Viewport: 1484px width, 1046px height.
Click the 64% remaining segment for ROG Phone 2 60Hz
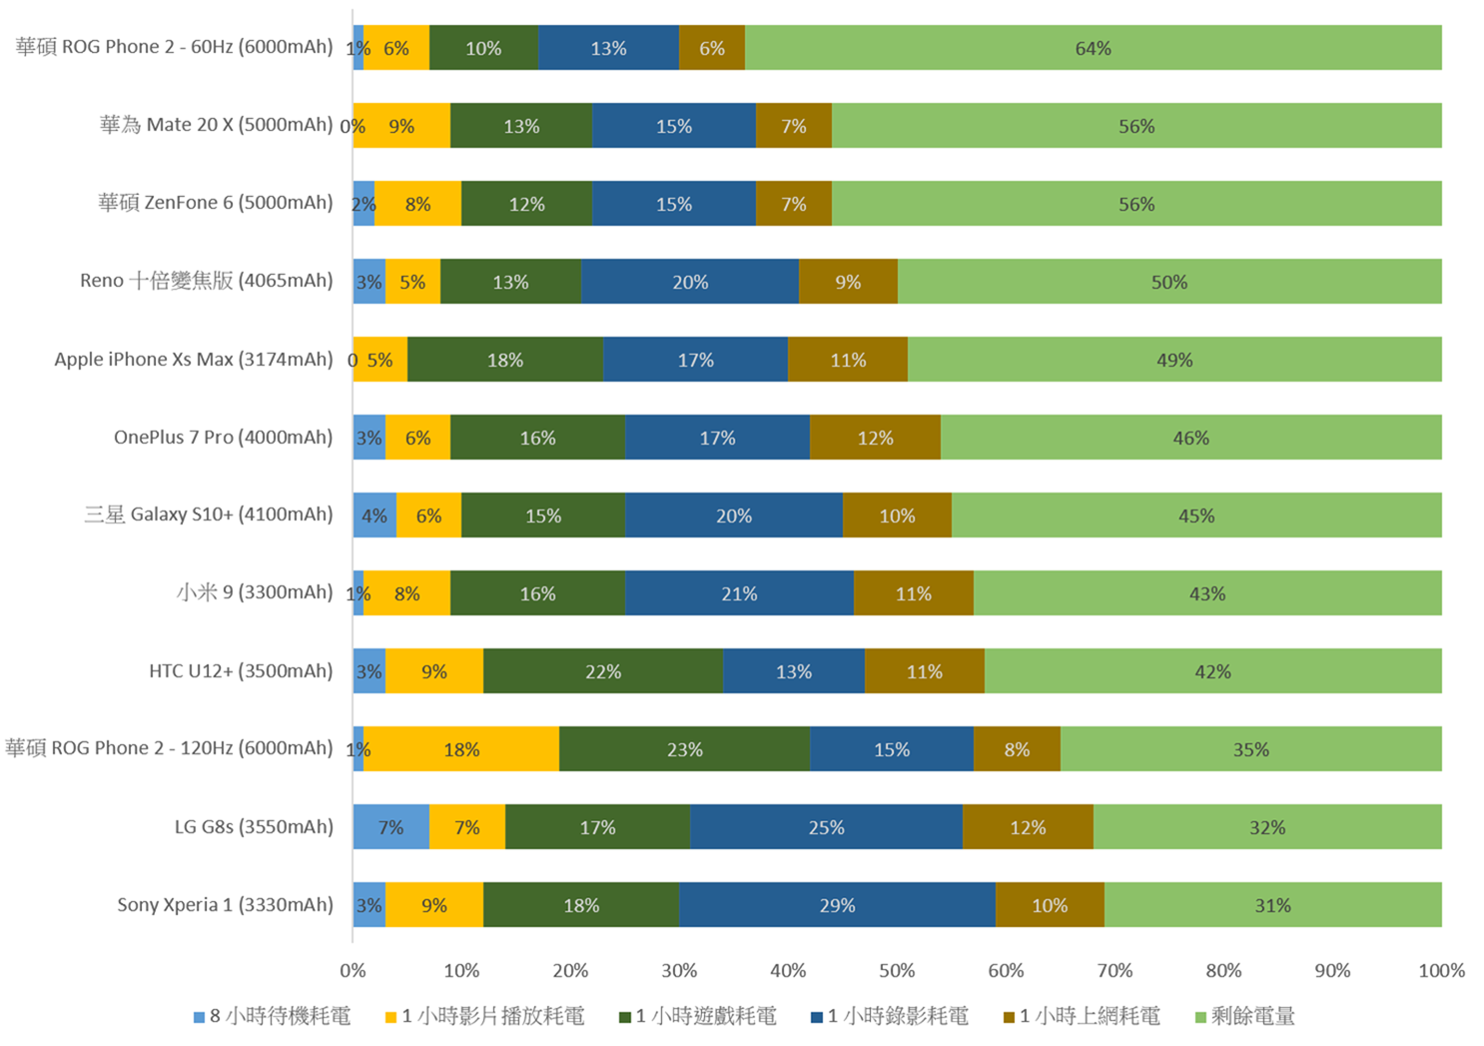tap(1093, 48)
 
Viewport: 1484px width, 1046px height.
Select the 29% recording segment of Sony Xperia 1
tap(837, 905)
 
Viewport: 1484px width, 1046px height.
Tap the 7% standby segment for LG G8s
tap(390, 827)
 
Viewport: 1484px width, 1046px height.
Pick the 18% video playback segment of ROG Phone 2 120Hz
tap(461, 749)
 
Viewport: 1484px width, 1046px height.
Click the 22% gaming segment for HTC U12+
tap(603, 671)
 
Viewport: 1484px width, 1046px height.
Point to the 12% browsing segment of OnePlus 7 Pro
tap(875, 438)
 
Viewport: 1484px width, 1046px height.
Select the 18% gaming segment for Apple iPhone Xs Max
tap(505, 360)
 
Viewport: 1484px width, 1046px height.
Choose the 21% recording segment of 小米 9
tap(739, 593)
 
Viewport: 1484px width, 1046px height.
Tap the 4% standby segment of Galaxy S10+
tap(374, 516)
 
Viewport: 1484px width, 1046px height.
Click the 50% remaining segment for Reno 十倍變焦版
tap(1169, 282)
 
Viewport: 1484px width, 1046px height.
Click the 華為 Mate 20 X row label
tap(216, 125)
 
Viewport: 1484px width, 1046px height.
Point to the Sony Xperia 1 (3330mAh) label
tap(225, 905)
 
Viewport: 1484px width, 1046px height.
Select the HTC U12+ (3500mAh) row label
tap(241, 671)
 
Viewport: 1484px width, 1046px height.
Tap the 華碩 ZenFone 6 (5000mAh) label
tap(215, 203)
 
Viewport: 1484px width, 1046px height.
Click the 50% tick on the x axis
tap(897, 970)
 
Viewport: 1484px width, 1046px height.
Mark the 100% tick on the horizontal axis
tap(1441, 970)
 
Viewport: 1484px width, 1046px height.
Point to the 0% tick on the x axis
tap(353, 970)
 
